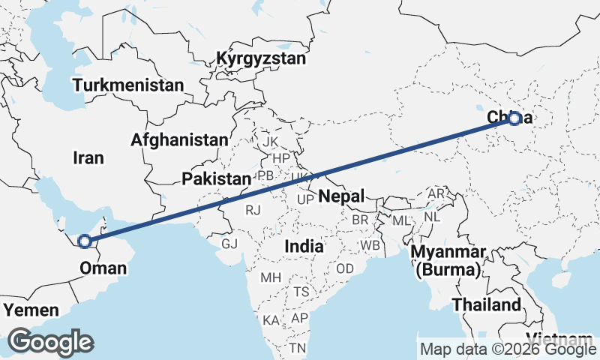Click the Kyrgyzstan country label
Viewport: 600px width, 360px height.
pos(261,58)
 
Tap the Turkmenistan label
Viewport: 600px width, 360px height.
pos(129,85)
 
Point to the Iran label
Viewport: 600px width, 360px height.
pos(88,157)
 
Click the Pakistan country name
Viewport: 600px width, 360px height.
pos(216,178)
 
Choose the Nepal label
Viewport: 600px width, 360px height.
pos(341,196)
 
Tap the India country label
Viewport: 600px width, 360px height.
pos(304,246)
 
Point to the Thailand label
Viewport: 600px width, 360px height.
pos(486,304)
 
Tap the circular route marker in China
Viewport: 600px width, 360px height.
pos(514,118)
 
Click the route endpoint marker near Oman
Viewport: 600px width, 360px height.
pos(85,241)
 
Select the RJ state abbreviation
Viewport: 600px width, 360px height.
pos(253,210)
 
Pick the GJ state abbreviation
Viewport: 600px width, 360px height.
pos(229,244)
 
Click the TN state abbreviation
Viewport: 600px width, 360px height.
pos(298,347)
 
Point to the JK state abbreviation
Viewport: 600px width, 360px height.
pos(270,141)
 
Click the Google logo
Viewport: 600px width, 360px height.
pos(50,342)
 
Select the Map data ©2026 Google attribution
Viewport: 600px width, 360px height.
pos(508,349)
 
